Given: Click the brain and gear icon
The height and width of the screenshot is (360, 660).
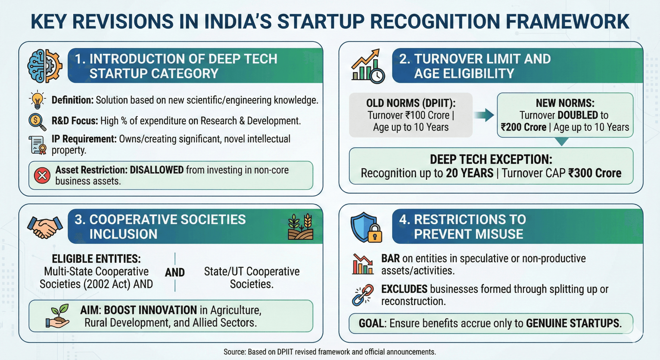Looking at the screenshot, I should click(x=44, y=66).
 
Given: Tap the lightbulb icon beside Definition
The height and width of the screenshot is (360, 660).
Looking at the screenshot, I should click(x=37, y=100).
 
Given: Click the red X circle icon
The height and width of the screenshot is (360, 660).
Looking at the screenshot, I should click(x=42, y=176).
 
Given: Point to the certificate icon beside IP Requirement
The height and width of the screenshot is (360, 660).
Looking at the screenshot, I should click(x=38, y=145).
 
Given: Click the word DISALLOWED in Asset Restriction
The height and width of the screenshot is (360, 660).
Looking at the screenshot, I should click(x=157, y=170).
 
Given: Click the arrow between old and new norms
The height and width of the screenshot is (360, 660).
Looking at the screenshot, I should click(x=484, y=115).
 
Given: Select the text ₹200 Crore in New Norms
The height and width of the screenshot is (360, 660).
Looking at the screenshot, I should click(x=523, y=127).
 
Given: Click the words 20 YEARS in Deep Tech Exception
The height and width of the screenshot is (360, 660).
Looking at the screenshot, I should click(x=470, y=173).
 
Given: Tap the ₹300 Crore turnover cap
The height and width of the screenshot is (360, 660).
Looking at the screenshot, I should click(x=594, y=173).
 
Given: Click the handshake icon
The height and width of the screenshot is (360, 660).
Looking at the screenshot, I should click(x=45, y=227).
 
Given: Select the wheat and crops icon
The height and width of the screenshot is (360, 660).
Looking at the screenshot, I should click(x=300, y=227).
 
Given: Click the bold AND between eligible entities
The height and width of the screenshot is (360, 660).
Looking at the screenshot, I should click(x=175, y=273).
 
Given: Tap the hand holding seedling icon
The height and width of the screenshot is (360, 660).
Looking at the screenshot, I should click(x=58, y=316).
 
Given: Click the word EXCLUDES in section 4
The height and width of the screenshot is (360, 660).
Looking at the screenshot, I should click(x=404, y=289).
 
